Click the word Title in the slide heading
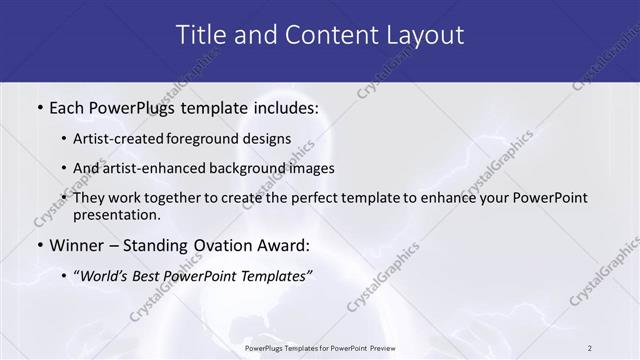pyautogui.click(x=200, y=35)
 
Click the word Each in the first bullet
pyautogui.click(x=69, y=106)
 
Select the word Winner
pyautogui.click(x=78, y=245)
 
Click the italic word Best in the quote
pyautogui.click(x=168, y=275)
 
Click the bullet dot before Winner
pyautogui.click(x=39, y=246)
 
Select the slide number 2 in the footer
pyautogui.click(x=590, y=348)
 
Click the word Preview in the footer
pyautogui.click(x=378, y=348)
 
